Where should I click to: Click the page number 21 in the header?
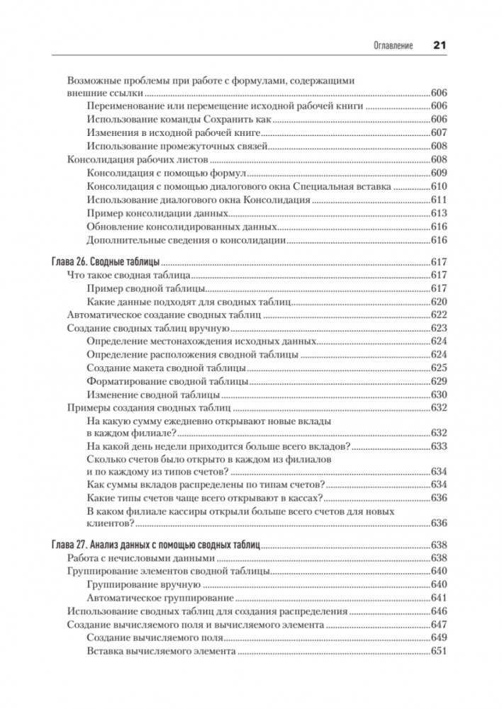coord(438,44)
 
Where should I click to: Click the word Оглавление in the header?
coord(394,45)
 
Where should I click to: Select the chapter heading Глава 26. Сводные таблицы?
coord(106,261)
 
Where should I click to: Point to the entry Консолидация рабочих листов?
coord(131,160)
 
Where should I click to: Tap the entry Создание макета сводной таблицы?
coord(167,368)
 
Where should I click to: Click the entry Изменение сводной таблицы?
coord(153,395)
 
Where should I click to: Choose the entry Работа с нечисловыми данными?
coord(134,559)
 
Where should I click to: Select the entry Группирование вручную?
coord(143,585)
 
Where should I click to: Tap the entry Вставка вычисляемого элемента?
coord(160,652)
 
